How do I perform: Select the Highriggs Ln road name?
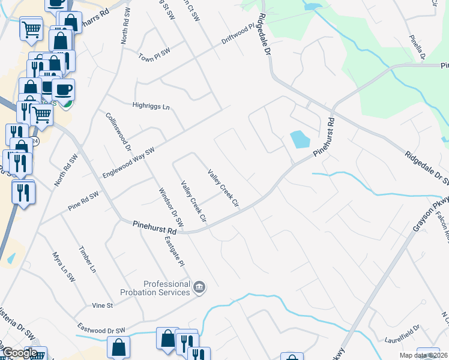151,106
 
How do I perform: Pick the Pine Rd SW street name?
82,196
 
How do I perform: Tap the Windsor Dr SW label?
166,208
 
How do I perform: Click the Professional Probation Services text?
166,288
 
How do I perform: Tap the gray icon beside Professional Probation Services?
200,288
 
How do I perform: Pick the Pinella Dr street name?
417,47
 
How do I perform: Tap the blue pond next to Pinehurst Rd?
300,140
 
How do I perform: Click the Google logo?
20,353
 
